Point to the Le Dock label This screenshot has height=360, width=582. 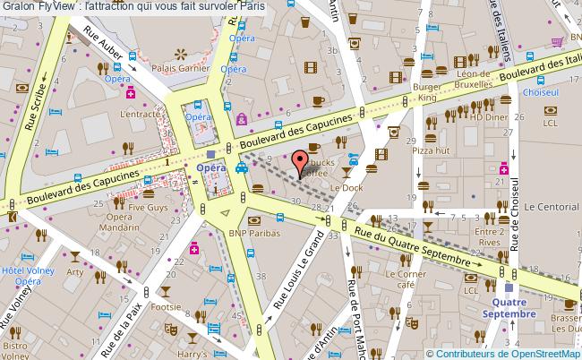coord(346,187)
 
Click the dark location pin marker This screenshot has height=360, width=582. coord(301,163)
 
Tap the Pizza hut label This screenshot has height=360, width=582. coord(430,150)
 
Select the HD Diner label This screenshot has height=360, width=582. coord(490,116)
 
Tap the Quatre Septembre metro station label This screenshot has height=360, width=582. coord(509,308)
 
